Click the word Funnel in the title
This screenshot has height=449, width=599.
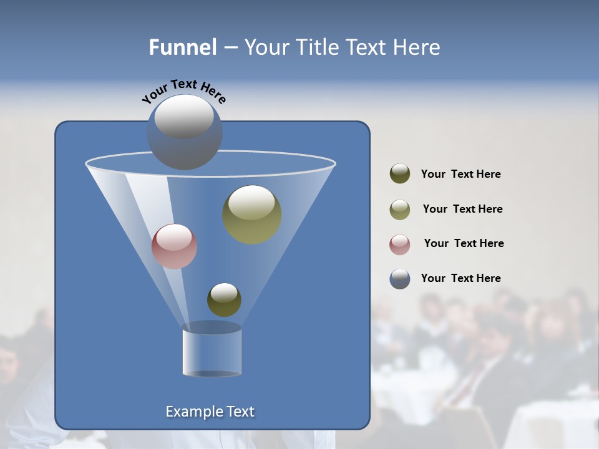(182, 47)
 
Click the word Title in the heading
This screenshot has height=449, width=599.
(316, 47)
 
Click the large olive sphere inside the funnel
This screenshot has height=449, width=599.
(251, 215)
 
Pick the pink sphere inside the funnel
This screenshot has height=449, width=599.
(174, 246)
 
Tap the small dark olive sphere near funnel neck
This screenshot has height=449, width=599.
(224, 300)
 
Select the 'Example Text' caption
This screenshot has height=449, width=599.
(210, 412)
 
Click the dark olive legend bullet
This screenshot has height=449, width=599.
(400, 174)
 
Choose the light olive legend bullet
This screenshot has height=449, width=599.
(400, 209)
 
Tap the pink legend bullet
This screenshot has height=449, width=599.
(400, 244)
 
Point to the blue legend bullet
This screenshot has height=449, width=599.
(400, 279)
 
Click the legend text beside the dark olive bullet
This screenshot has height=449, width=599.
(460, 175)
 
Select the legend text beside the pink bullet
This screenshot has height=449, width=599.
(464, 244)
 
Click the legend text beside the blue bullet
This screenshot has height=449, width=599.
(460, 279)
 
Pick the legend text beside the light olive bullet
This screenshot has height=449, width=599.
(462, 210)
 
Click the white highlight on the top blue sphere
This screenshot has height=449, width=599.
(184, 117)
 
